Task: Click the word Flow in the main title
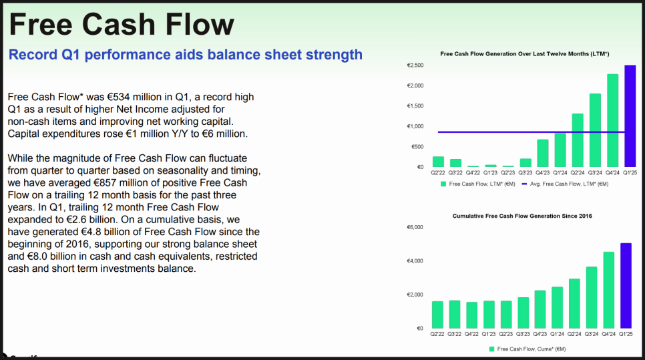pos(200,24)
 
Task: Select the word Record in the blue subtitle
pos(33,54)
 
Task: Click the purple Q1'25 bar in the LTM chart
pos(630,116)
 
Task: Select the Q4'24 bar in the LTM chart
pos(612,120)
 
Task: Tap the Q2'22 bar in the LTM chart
pos(438,162)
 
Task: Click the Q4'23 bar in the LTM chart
pos(543,153)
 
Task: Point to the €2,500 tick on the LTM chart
pos(415,65)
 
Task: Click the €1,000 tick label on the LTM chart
pos(415,126)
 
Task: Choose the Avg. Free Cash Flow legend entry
pos(565,184)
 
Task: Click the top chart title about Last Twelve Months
pos(524,54)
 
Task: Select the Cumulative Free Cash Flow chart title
pos(522,216)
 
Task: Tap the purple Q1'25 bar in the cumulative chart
pos(626,286)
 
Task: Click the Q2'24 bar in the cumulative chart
pos(574,304)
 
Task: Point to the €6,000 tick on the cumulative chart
pos(415,227)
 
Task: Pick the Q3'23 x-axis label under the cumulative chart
pos(523,334)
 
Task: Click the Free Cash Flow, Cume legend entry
pos(527,349)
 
